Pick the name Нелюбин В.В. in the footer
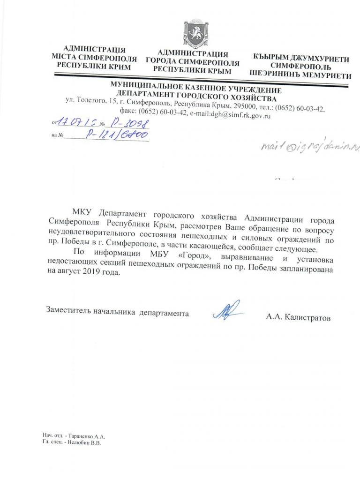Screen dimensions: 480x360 (81, 442)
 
